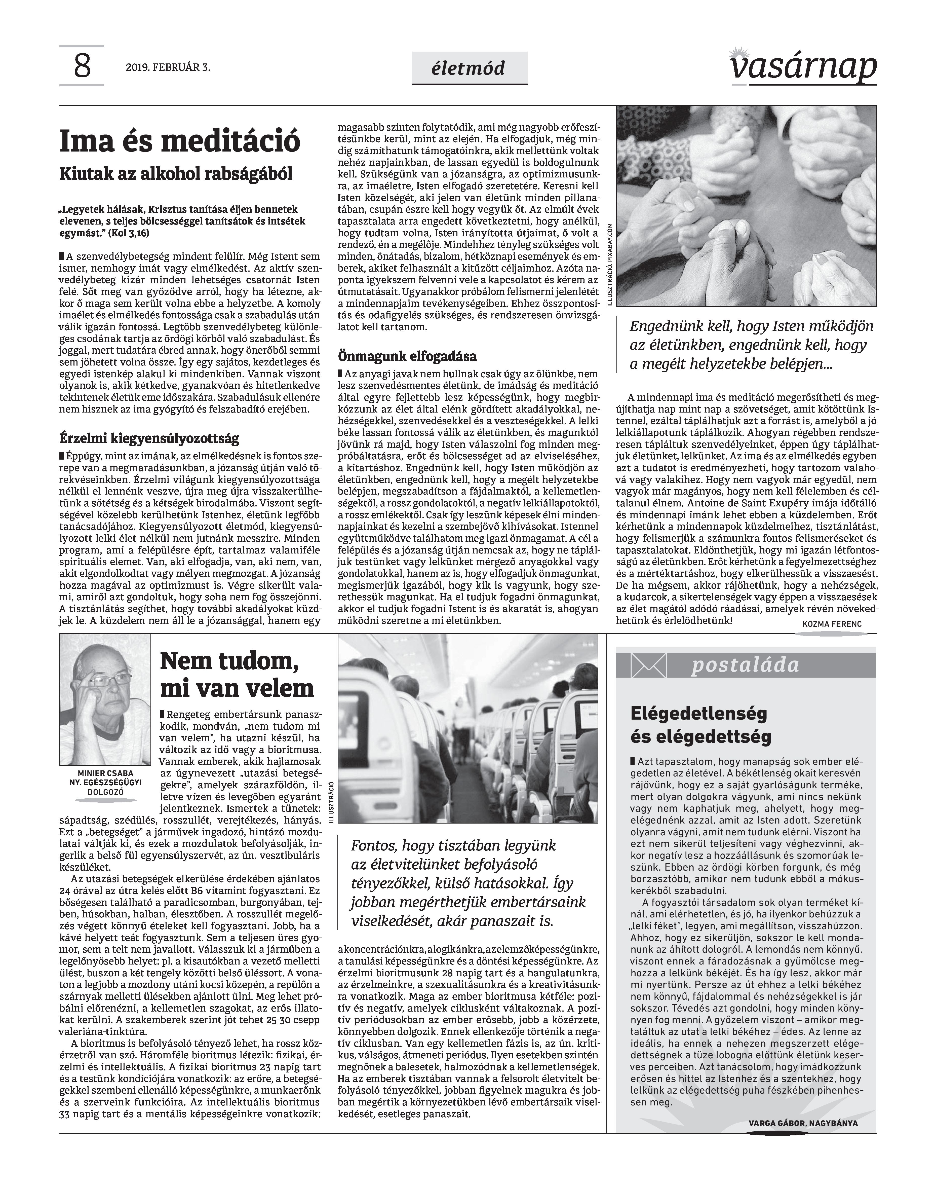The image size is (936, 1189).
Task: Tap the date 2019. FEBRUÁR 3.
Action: (168, 68)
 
